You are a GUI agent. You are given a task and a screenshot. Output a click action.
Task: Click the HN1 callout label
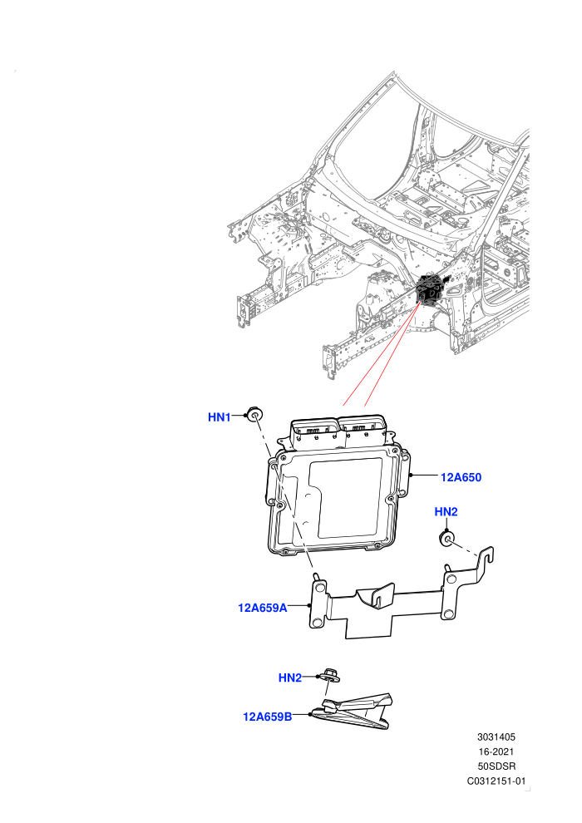tap(219, 417)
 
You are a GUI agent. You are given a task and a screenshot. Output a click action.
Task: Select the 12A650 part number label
tap(461, 477)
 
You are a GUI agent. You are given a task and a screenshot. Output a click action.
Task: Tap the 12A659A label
tap(263, 608)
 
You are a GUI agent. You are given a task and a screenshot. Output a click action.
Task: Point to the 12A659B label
tap(267, 717)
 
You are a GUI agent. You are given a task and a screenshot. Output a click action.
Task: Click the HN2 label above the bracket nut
tap(446, 512)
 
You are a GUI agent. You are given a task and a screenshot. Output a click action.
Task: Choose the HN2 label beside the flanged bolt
tap(289, 678)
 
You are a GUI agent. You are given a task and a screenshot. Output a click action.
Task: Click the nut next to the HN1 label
tap(254, 414)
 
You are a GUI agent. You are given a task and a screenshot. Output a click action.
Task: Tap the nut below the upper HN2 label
tap(446, 539)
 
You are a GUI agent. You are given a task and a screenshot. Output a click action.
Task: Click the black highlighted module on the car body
tap(431, 289)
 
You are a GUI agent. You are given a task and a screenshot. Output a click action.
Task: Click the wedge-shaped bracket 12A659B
tap(353, 712)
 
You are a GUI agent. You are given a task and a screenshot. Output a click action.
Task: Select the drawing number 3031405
tap(496, 737)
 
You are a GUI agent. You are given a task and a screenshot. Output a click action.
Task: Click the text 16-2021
tap(496, 752)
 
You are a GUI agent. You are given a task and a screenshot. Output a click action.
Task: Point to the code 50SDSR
tap(496, 766)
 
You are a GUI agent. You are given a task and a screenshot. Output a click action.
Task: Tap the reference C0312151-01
tap(496, 781)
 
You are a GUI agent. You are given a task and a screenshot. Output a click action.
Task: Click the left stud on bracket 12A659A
tap(317, 579)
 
